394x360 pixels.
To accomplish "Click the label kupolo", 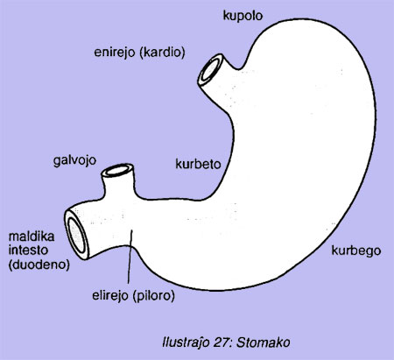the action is (x=243, y=16).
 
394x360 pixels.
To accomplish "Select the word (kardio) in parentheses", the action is (x=162, y=53).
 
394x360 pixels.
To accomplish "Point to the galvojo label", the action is (x=74, y=161).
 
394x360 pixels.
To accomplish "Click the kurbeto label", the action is (x=198, y=164).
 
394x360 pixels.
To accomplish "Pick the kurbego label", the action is (x=356, y=251).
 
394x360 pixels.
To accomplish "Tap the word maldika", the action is (x=32, y=236).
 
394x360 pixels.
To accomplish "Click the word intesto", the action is (x=28, y=251).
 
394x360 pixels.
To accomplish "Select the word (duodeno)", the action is (x=39, y=265).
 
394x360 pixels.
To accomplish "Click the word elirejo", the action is (x=110, y=296).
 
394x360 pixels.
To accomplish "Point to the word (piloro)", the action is (x=154, y=296).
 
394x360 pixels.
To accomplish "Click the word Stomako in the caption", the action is (x=263, y=342).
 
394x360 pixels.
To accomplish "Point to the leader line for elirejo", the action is (x=130, y=257).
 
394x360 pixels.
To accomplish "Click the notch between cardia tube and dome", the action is (x=239, y=69).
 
